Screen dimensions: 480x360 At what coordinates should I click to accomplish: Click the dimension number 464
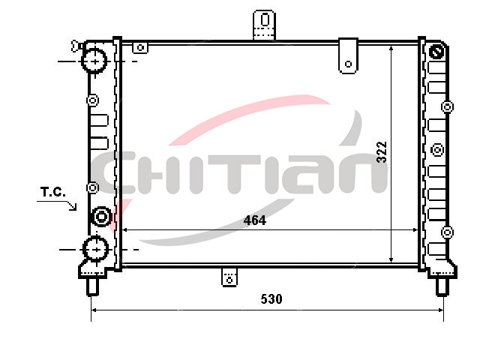[x=255, y=220]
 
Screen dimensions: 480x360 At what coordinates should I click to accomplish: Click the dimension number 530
[x=271, y=298]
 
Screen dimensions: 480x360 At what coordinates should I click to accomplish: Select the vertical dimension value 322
[x=382, y=151]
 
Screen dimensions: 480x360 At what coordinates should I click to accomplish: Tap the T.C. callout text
[x=53, y=192]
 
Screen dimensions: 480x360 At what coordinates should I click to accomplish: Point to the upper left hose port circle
[x=94, y=61]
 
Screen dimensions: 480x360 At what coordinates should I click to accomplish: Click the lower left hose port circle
[x=96, y=249]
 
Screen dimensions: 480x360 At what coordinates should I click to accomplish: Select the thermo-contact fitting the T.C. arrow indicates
[x=101, y=217]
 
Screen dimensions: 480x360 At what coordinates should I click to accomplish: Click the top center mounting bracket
[x=265, y=25]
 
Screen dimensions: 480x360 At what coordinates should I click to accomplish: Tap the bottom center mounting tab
[x=229, y=277]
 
